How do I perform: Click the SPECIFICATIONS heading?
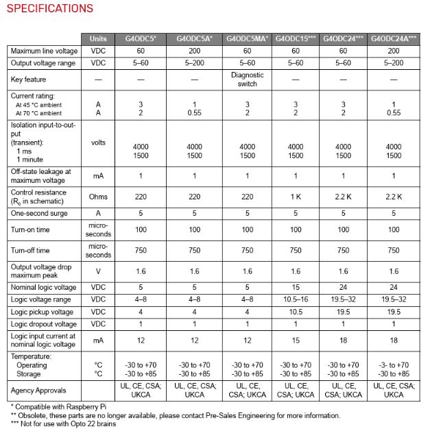point(49,9)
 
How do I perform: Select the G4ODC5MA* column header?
point(248,38)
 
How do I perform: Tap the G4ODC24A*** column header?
point(394,38)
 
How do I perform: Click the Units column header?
point(98,38)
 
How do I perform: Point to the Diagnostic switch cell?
point(248,79)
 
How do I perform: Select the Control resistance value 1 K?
point(296,197)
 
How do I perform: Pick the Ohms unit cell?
point(98,197)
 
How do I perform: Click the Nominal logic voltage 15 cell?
point(296,286)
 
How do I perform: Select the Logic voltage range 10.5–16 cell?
point(296,299)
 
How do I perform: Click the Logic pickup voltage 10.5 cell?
point(296,312)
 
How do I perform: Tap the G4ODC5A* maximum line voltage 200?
point(194,51)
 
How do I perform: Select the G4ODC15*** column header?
point(296,38)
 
